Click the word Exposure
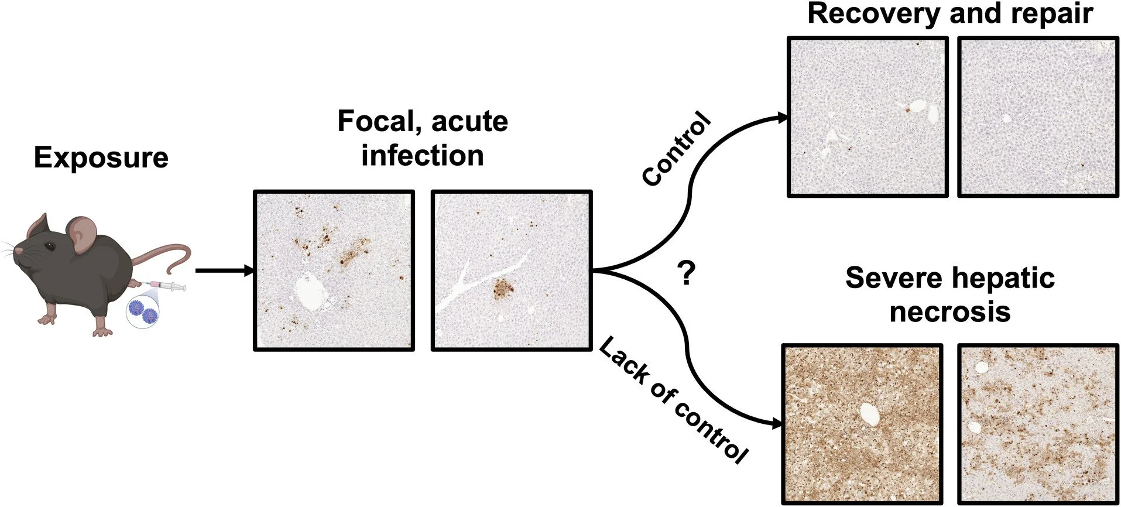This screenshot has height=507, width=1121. pos(101,158)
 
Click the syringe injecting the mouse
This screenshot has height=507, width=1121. pos(167,286)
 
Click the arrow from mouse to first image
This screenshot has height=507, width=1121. pos(224,271)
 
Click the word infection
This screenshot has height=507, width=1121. pos(423,156)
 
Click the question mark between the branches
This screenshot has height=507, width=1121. pos(685,273)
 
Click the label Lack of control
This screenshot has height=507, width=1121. pos(673,401)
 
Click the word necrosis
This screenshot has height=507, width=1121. pos(950,311)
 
